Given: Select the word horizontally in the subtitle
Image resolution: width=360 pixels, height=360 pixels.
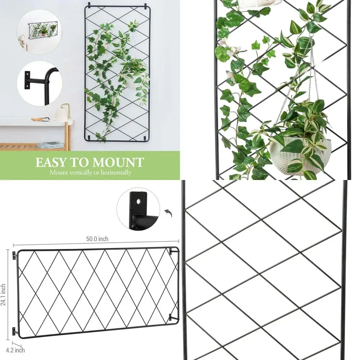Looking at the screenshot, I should coord(114,172).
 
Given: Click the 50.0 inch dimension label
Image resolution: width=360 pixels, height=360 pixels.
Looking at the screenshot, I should coord(97,239).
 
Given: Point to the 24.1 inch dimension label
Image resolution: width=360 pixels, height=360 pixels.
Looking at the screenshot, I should coord(3,295).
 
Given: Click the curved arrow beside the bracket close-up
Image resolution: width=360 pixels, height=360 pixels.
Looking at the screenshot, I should coord(168,214).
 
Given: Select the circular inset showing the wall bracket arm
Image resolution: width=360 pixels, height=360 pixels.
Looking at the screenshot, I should coord(39,84).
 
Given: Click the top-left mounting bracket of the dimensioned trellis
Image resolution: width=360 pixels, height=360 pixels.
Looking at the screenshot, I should coord(14,255).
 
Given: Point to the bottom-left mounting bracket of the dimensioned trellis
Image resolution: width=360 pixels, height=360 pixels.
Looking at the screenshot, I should coord(14,330).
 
